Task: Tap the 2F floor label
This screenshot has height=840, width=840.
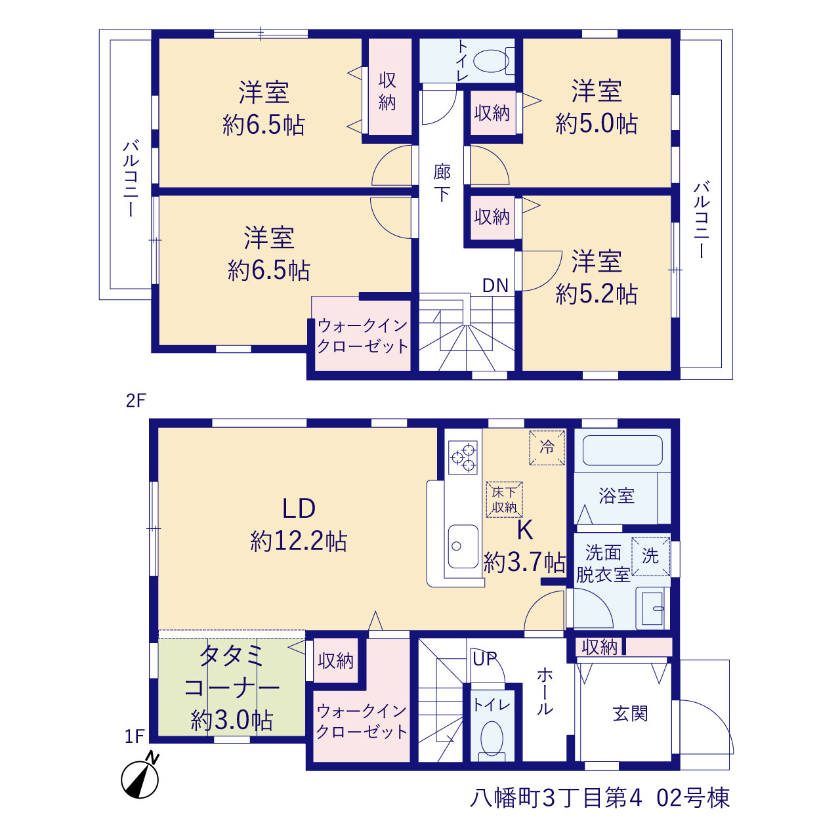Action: [136, 400]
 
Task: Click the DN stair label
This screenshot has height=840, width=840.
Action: [495, 285]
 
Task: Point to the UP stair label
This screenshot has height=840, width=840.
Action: [485, 659]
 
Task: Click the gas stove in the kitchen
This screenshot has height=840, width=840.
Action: [463, 457]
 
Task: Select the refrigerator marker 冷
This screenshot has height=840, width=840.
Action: [547, 448]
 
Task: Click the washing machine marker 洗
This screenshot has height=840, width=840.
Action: [650, 556]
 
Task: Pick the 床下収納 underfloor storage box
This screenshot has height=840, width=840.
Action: [505, 499]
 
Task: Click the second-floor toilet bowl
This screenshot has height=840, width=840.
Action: [492, 61]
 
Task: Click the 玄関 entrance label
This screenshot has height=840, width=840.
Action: [630, 714]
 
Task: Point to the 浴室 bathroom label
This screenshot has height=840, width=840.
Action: [616, 495]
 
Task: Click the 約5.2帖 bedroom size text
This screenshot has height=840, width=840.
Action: [597, 294]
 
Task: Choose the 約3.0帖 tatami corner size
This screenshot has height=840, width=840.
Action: [232, 720]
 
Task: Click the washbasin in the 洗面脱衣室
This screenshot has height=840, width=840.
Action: [652, 608]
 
